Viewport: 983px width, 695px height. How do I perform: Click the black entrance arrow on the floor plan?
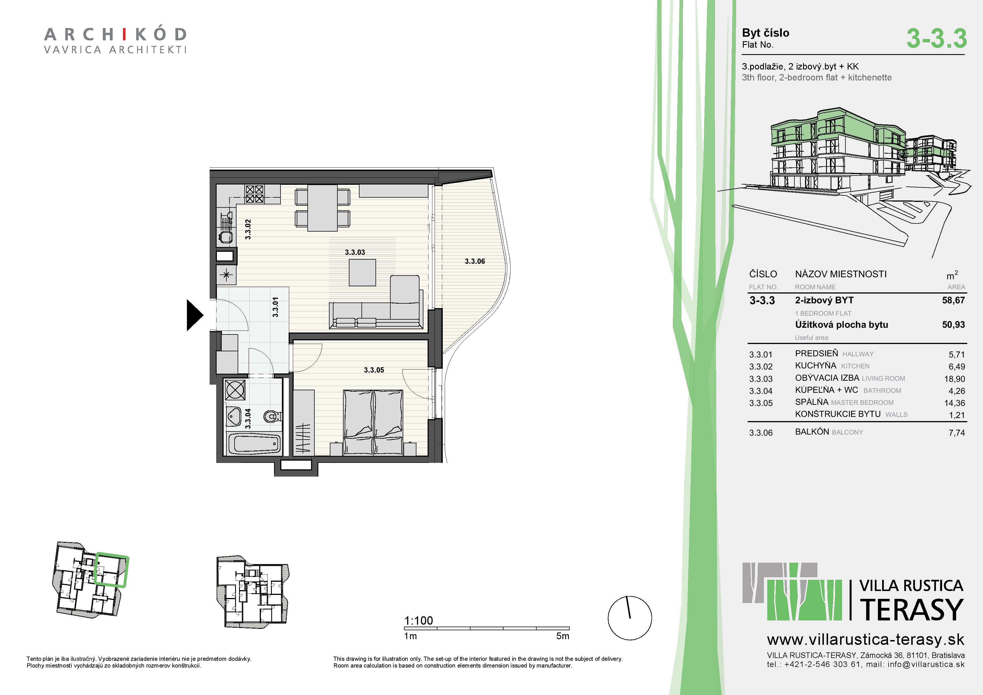pos(194,315)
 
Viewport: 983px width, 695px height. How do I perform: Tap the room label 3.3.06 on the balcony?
pos(475,261)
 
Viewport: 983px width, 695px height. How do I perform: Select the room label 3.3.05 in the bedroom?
pos(374,370)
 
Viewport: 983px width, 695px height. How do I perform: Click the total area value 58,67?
pos(954,300)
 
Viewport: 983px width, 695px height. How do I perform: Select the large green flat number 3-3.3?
pos(936,38)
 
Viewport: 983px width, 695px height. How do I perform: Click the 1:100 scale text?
pos(418,620)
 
